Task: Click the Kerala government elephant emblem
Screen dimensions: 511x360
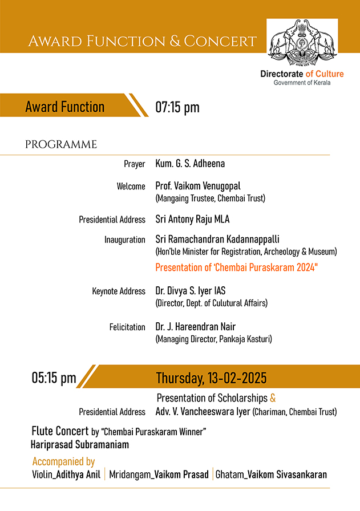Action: [302, 42]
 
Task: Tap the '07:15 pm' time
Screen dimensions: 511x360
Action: [177, 107]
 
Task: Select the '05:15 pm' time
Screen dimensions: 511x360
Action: [54, 378]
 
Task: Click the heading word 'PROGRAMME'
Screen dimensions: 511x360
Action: [61, 145]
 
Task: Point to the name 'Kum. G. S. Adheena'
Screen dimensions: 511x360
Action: [190, 164]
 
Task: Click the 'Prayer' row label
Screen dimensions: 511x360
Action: [135, 164]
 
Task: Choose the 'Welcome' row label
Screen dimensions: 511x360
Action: [131, 186]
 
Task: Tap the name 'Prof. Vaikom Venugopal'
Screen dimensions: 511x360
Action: [198, 186]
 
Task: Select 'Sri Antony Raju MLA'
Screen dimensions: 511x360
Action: [192, 219]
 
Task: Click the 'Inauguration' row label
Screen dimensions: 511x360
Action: [125, 240]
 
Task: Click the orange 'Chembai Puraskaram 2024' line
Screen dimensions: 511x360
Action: [236, 267]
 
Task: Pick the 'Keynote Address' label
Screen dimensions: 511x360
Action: [119, 291]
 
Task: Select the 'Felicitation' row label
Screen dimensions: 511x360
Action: [127, 327]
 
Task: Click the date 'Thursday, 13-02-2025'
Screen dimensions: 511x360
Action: [211, 378]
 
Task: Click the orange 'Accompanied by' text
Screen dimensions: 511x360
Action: [63, 461]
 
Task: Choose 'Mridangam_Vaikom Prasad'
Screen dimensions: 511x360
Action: [159, 475]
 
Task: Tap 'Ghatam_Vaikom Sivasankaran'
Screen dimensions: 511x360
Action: [271, 475]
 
